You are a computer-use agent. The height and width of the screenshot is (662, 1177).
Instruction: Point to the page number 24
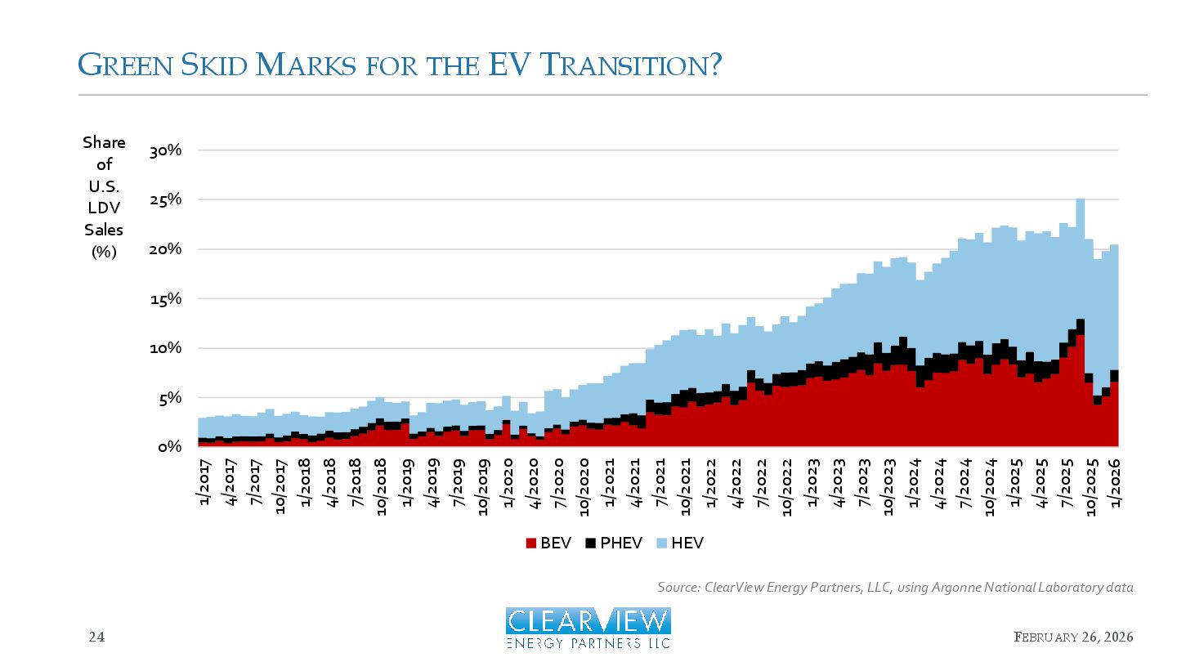click(x=97, y=637)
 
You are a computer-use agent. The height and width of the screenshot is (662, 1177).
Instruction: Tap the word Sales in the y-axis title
click(x=104, y=230)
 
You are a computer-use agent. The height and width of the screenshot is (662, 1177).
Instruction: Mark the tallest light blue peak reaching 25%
click(x=1081, y=201)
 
